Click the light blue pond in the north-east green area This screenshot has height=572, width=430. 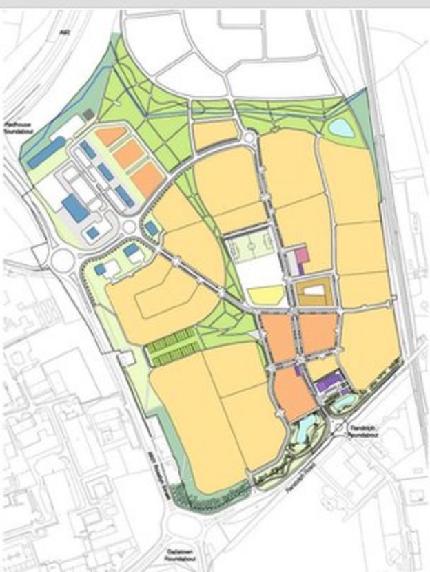pyautogui.click(x=339, y=127)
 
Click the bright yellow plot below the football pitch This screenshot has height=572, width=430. pyautogui.click(x=266, y=295)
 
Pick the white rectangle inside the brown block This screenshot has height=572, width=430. pyautogui.click(x=314, y=291)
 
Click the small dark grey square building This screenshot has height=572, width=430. pyautogui.click(x=88, y=114)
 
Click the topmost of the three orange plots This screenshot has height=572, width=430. pyautogui.click(x=111, y=136)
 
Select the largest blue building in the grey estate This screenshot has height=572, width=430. pyautogui.click(x=76, y=207)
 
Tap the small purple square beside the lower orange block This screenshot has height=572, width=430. pyautogui.click(x=297, y=370)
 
